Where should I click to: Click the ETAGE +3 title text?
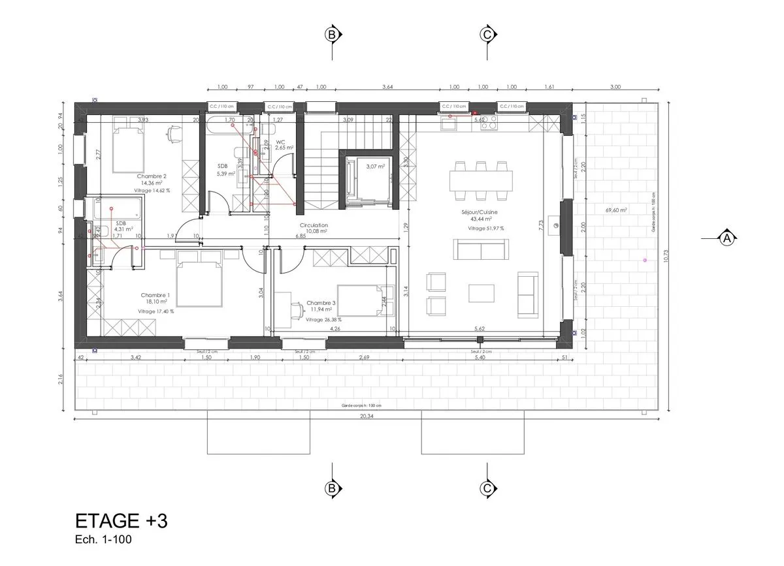click(122, 521)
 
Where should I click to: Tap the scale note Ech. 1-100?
click(105, 541)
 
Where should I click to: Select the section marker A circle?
click(726, 239)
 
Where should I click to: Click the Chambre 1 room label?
click(155, 296)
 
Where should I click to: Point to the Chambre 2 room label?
click(152, 176)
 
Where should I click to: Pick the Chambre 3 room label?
click(321, 304)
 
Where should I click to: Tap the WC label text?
click(280, 142)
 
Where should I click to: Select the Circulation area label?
click(314, 225)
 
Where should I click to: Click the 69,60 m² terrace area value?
click(616, 210)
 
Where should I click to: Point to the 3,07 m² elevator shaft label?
click(375, 167)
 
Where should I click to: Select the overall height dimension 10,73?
click(665, 257)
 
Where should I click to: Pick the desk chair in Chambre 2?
click(173, 133)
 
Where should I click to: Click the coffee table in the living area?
click(482, 293)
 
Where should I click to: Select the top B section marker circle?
click(332, 34)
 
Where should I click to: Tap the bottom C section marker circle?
click(486, 488)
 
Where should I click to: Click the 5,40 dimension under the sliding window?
click(482, 358)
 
